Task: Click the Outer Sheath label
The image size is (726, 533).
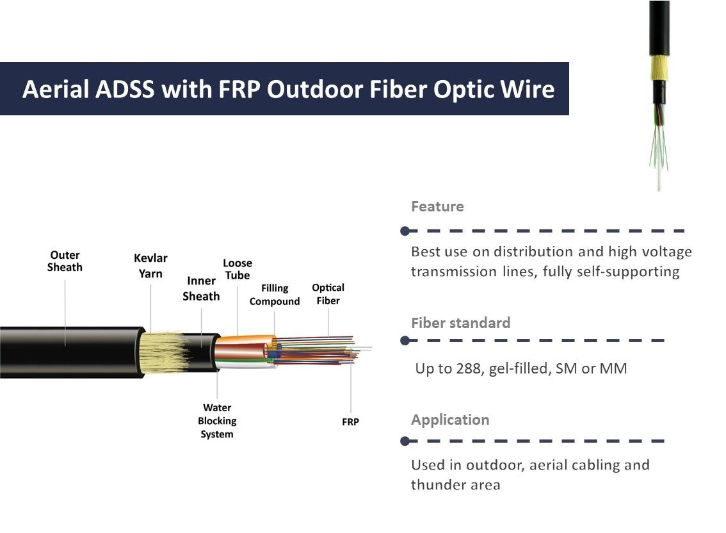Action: (65, 261)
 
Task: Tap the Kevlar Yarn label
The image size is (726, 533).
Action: (150, 266)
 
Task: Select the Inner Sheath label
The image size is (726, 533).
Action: (201, 288)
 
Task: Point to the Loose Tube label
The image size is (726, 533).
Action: (238, 269)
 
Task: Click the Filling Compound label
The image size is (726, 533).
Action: (275, 295)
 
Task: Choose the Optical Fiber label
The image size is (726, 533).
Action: (328, 294)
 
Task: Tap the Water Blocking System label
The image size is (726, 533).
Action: (217, 421)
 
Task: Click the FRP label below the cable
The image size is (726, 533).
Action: (350, 422)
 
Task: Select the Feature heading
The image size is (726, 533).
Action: (437, 206)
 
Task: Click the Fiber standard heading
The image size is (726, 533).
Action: (460, 322)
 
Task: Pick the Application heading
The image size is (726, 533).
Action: (449, 420)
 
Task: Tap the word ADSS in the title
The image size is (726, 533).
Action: (125, 89)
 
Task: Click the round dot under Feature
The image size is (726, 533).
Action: (404, 231)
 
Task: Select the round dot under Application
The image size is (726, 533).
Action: (404, 441)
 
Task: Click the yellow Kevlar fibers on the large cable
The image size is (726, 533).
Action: (165, 353)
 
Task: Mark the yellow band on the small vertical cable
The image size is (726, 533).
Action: (659, 67)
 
